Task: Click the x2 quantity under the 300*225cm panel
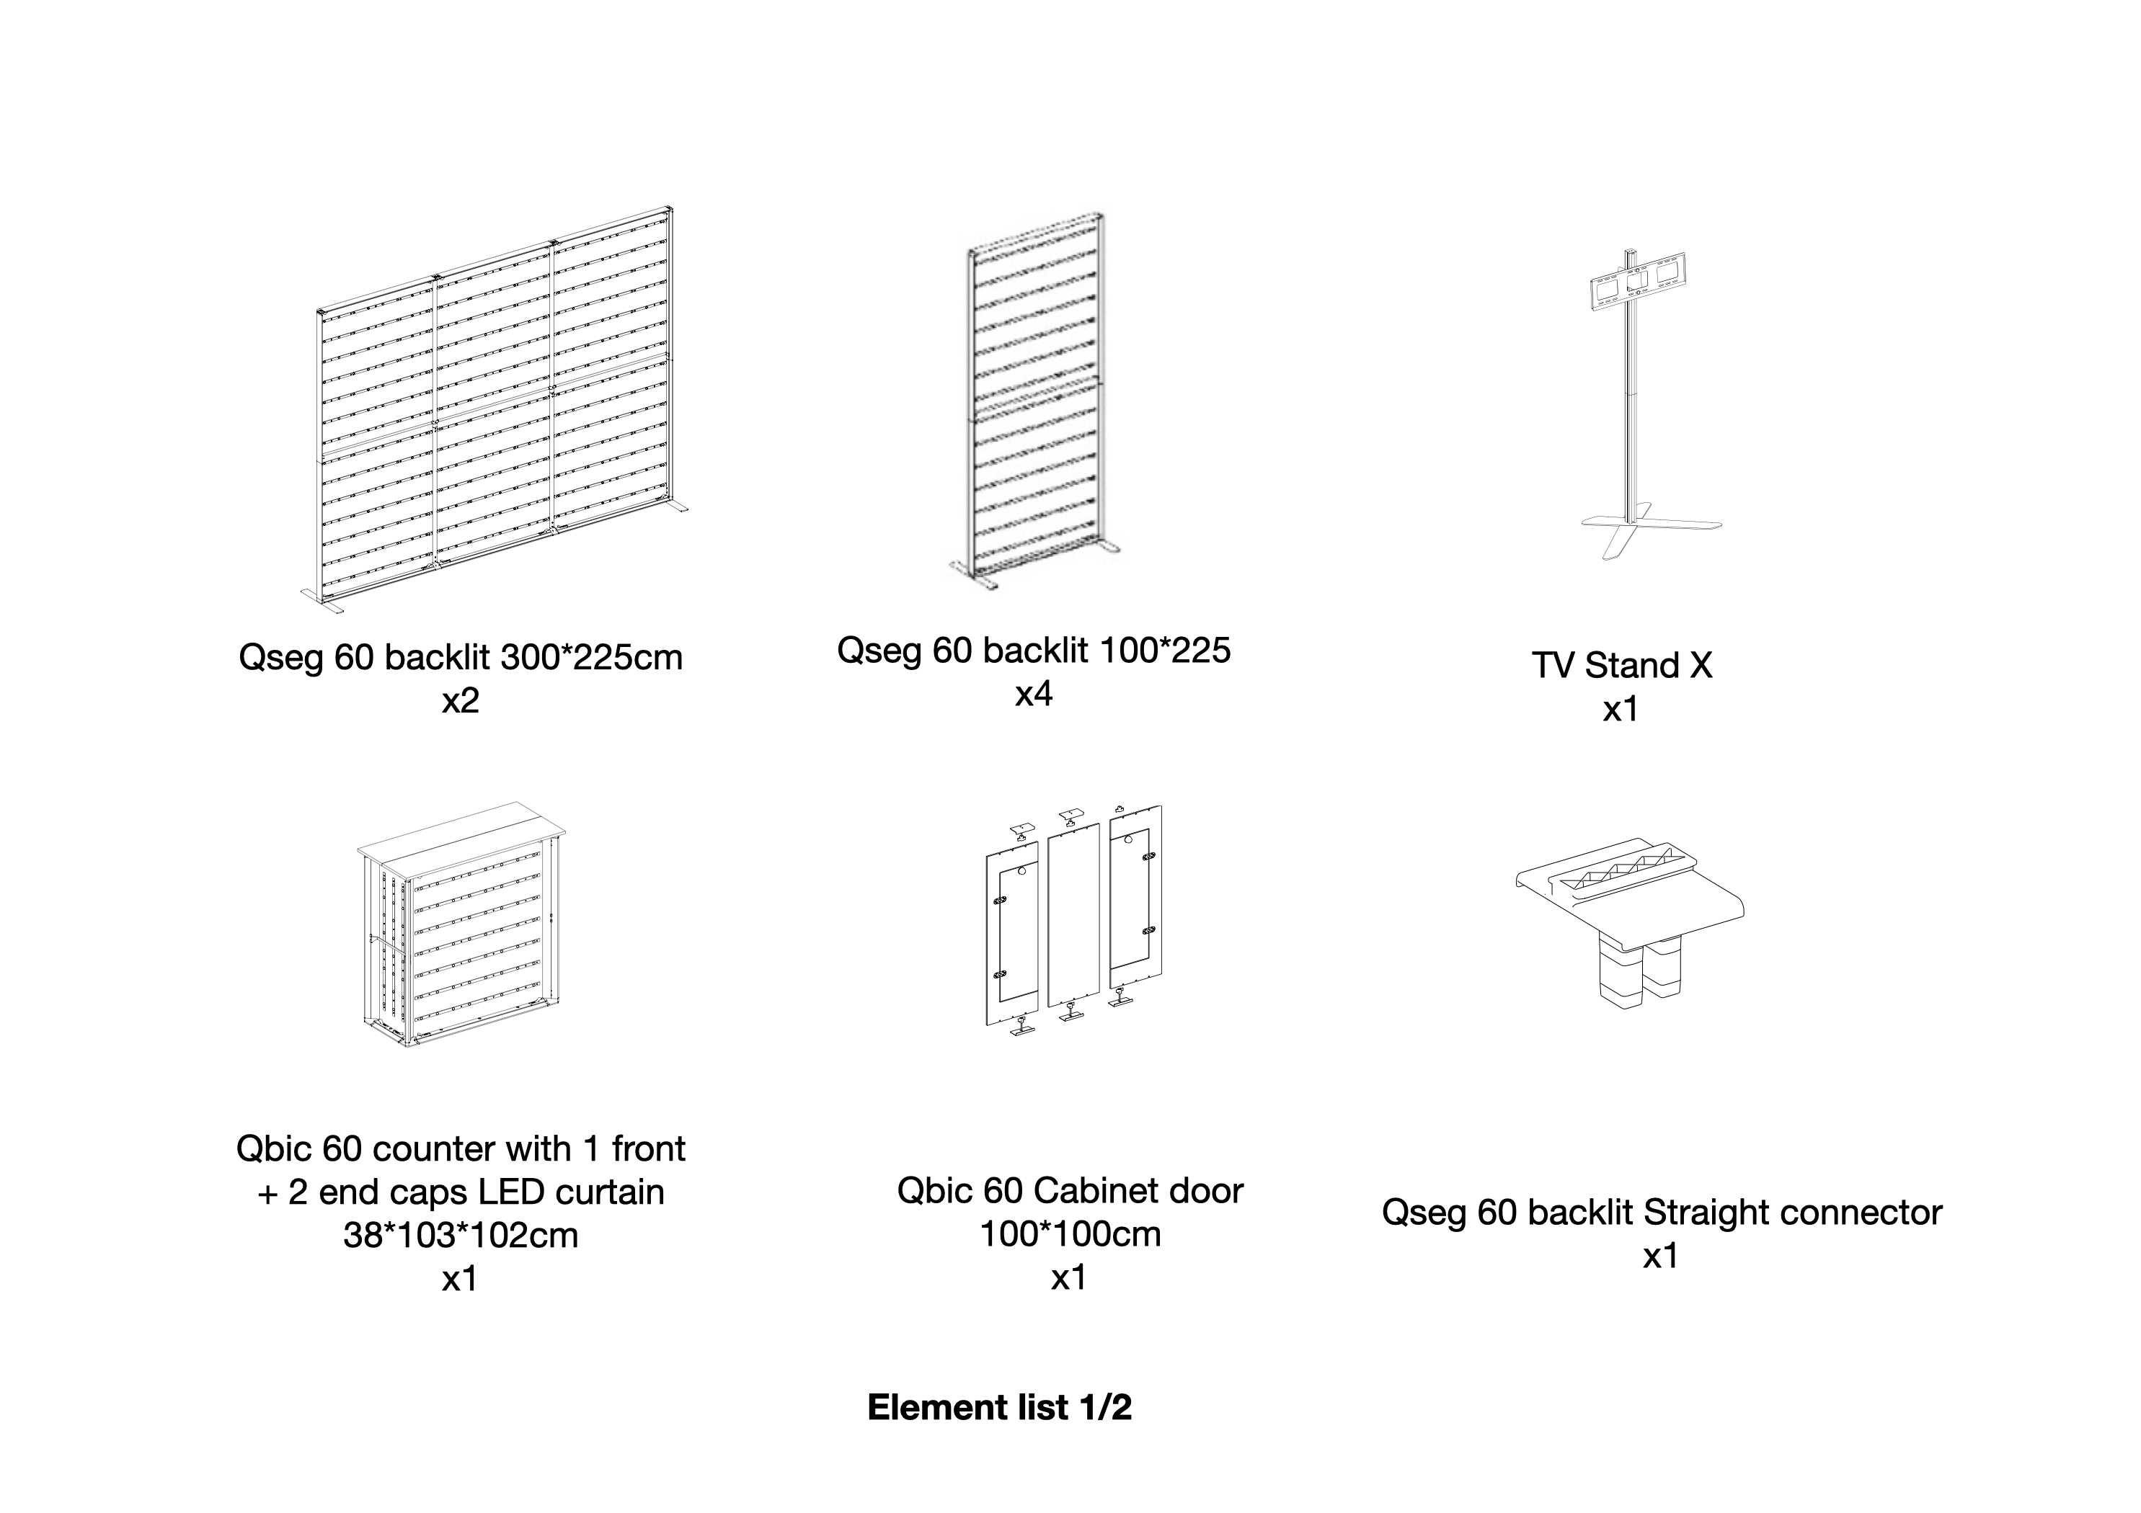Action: pos(460,701)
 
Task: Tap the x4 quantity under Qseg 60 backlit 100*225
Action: pos(1033,694)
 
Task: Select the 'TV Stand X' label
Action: pos(1621,666)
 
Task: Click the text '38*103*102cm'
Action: pos(461,1235)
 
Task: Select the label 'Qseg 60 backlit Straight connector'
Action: pos(1661,1213)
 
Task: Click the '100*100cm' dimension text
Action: pos(1070,1234)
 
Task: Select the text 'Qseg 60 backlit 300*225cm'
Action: pos(460,658)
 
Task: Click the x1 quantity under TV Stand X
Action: pos(1621,710)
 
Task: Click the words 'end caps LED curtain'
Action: pos(492,1192)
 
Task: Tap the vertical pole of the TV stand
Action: pos(1630,410)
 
